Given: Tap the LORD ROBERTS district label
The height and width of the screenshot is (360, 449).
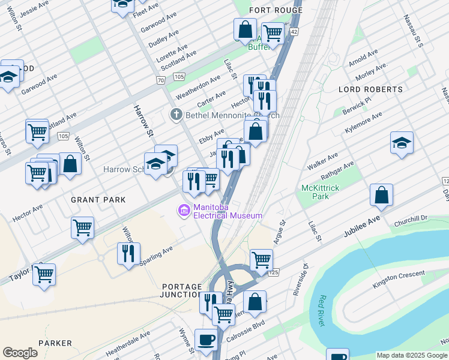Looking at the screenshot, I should (370, 89).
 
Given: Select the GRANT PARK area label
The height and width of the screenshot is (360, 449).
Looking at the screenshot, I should (98, 199).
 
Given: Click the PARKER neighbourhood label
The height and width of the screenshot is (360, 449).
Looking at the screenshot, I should (55, 343).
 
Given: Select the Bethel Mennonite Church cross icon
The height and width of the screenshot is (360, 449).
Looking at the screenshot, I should (176, 115).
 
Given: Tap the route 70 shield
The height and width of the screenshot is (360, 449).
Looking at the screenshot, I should (160, 80).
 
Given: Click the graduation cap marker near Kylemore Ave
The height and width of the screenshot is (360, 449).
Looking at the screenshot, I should (402, 143).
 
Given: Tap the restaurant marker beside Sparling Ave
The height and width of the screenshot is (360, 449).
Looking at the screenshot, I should (128, 253).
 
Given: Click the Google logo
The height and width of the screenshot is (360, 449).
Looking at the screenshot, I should (20, 353).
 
